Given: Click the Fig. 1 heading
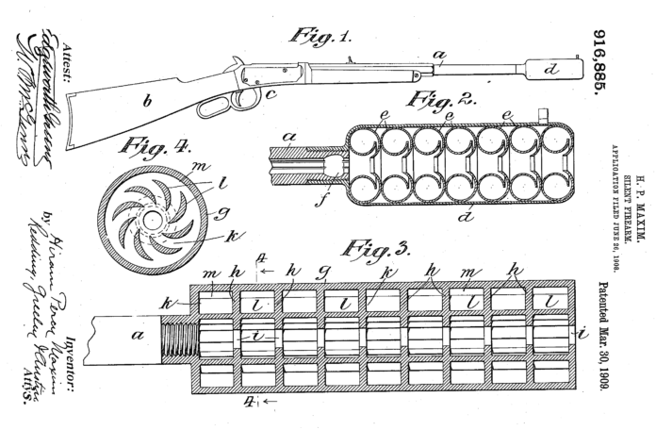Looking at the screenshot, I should (x=320, y=37).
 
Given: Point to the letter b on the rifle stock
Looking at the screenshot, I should (x=145, y=103).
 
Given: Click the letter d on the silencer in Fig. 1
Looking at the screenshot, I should (x=552, y=69).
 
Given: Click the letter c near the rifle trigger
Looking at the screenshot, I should (x=270, y=93).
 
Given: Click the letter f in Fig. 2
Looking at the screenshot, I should (x=326, y=200).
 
